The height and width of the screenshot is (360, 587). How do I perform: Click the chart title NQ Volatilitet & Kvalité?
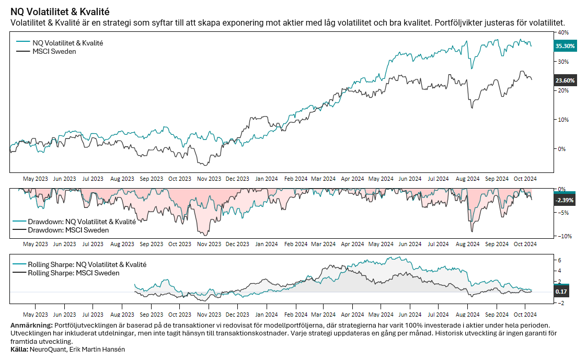[x=60, y=11]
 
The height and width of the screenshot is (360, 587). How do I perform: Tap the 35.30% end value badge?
[x=565, y=46]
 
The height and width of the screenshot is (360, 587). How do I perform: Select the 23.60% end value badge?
[x=565, y=80]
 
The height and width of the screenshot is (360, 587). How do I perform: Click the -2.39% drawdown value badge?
[x=565, y=200]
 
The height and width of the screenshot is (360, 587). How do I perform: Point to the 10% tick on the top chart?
[x=562, y=119]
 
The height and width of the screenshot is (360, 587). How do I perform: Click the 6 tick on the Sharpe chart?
[x=560, y=260]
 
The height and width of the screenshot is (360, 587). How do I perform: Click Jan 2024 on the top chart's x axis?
[x=266, y=178]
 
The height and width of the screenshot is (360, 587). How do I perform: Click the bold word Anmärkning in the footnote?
[x=31, y=326]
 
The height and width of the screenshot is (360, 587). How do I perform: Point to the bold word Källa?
[x=19, y=349]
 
